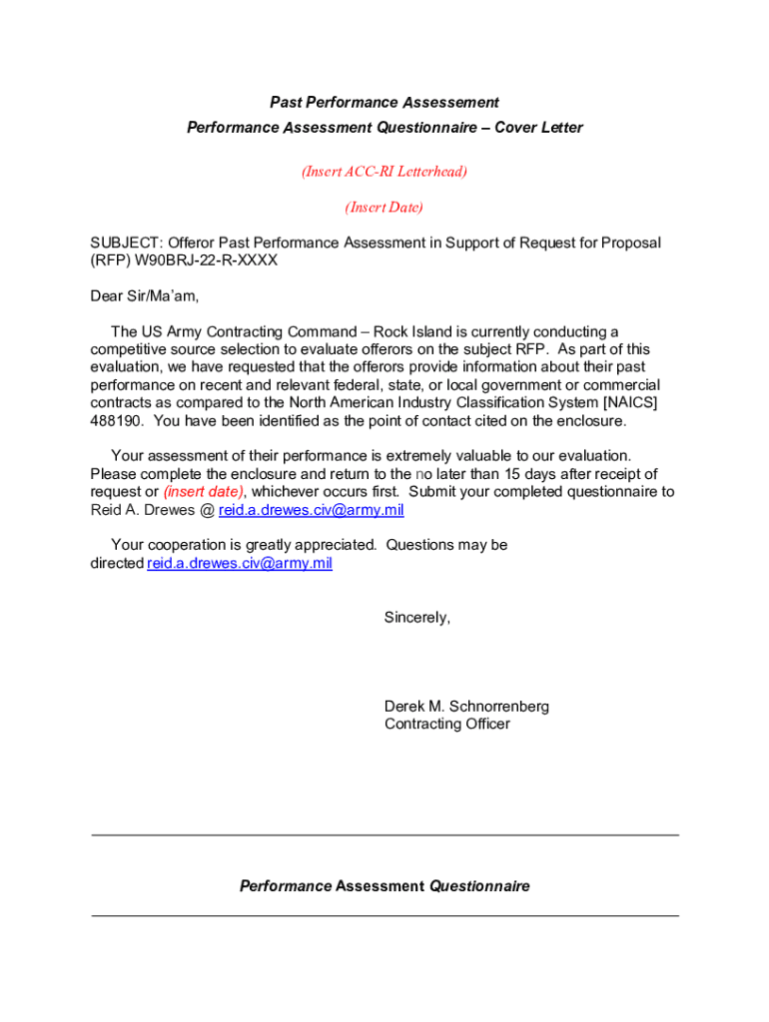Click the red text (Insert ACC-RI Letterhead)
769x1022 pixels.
tap(384, 172)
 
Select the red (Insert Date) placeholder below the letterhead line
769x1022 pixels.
tap(384, 208)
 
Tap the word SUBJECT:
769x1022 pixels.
tap(126, 243)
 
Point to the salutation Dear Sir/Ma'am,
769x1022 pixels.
tap(145, 295)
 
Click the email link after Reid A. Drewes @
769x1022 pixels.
tap(312, 510)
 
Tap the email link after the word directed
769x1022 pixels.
tap(240, 564)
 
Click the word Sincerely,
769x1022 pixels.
tap(417, 618)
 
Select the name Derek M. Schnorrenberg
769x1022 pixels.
tap(466, 707)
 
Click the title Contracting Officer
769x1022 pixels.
tap(446, 725)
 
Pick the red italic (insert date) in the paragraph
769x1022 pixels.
tap(203, 492)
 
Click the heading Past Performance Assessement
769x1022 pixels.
tap(384, 103)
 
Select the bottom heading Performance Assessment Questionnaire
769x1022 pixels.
tap(384, 886)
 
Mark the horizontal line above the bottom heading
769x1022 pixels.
tap(384, 834)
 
